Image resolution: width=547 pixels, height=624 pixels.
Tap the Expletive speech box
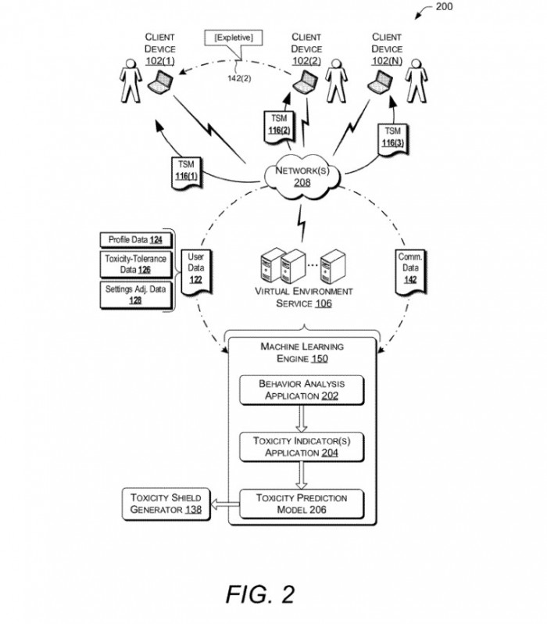pyautogui.click(x=234, y=37)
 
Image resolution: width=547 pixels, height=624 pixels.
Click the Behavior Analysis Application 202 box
pyautogui.click(x=302, y=389)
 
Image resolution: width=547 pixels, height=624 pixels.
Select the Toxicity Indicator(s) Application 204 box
pyautogui.click(x=302, y=446)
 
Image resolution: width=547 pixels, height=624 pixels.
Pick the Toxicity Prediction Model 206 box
pyautogui.click(x=302, y=504)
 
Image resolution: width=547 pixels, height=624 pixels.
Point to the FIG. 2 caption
pyautogui.click(x=260, y=594)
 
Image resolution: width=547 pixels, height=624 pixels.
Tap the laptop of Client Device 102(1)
pyautogui.click(x=162, y=80)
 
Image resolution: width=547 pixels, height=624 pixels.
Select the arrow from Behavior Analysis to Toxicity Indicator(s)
pyautogui.click(x=302, y=418)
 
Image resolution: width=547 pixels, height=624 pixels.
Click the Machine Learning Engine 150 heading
pyautogui.click(x=302, y=353)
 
